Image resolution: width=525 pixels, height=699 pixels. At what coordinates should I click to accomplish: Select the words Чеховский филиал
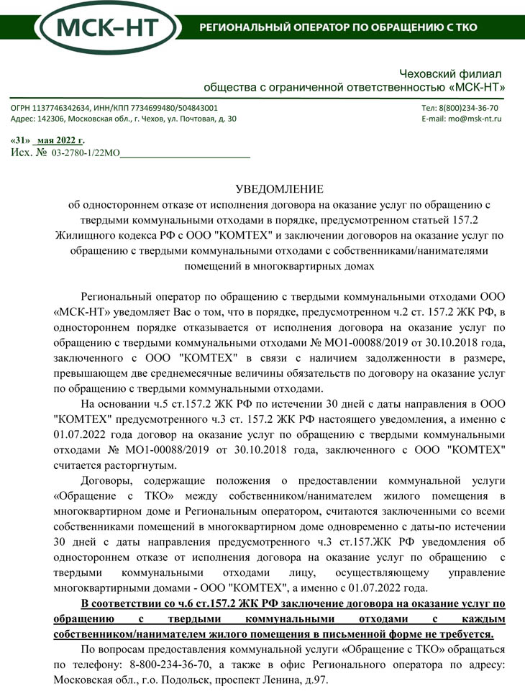449,74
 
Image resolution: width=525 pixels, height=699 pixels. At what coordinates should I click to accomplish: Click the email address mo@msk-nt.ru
475,119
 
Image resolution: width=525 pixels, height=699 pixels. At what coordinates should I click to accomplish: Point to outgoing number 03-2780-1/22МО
86,153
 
